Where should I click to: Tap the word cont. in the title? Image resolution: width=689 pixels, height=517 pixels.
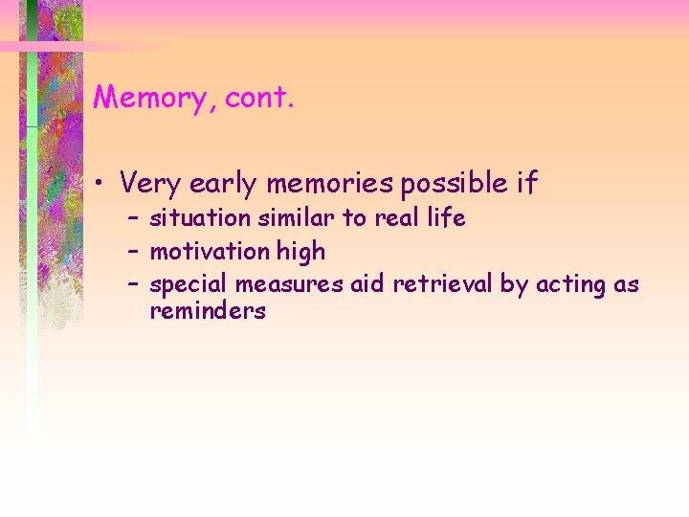(256, 98)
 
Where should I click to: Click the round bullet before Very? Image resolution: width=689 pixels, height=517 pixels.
(100, 182)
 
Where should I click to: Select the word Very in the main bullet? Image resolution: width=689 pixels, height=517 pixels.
(152, 182)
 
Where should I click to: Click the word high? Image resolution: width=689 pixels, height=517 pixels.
(301, 252)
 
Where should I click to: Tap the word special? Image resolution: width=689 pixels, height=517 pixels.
(189, 285)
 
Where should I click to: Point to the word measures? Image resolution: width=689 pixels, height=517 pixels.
(281, 285)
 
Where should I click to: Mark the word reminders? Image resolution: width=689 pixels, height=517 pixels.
(207, 311)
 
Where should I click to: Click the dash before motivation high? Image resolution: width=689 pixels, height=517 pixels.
(133, 253)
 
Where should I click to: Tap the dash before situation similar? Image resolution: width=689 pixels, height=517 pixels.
(133, 219)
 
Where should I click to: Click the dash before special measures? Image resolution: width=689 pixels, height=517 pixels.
(133, 285)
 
